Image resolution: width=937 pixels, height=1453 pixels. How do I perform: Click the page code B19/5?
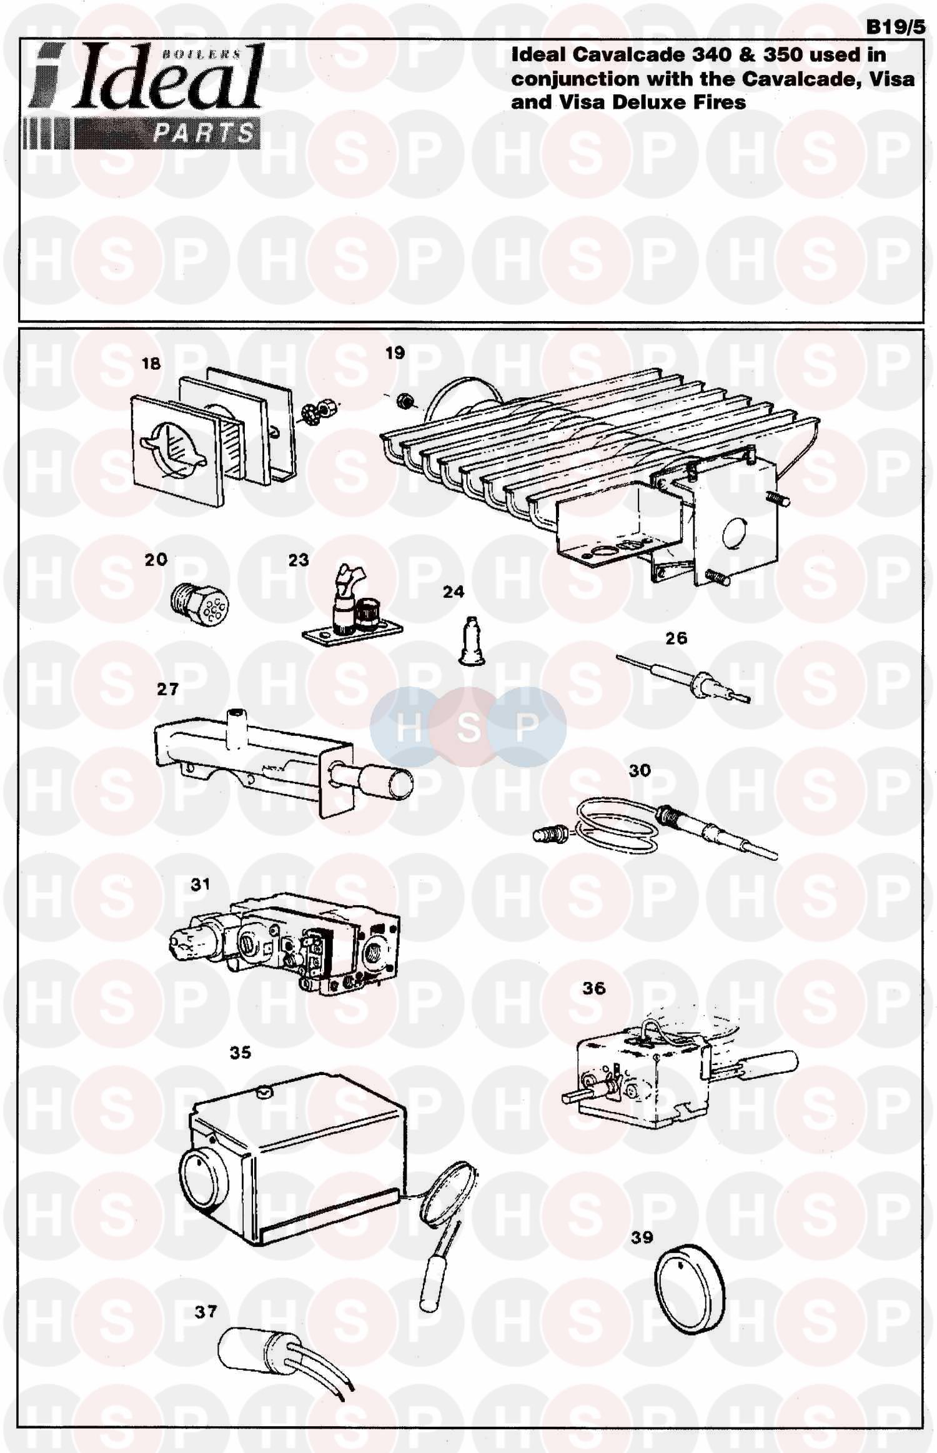pyautogui.click(x=895, y=27)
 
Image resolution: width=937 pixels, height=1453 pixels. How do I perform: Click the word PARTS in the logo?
pyautogui.click(x=204, y=133)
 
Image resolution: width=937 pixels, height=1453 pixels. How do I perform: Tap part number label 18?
pyautogui.click(x=151, y=364)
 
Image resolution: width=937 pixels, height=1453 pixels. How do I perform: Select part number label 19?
pyautogui.click(x=395, y=353)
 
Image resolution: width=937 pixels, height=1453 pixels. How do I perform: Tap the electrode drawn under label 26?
pyautogui.click(x=683, y=678)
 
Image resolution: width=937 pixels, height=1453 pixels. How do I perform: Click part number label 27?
pyautogui.click(x=167, y=689)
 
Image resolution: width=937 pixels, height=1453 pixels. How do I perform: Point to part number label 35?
pyautogui.click(x=240, y=1053)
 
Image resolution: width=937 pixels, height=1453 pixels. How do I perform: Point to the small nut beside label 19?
pyautogui.click(x=404, y=399)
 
